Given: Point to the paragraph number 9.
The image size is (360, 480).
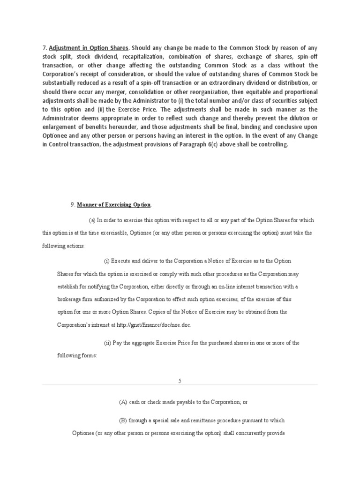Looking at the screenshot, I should tap(72, 205).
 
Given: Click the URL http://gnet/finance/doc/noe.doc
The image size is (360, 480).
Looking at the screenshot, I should tap(150, 325).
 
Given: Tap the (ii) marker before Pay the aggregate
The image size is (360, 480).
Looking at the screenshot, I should tap(107, 343).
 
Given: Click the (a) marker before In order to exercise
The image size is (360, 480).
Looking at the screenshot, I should tap(92, 220).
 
